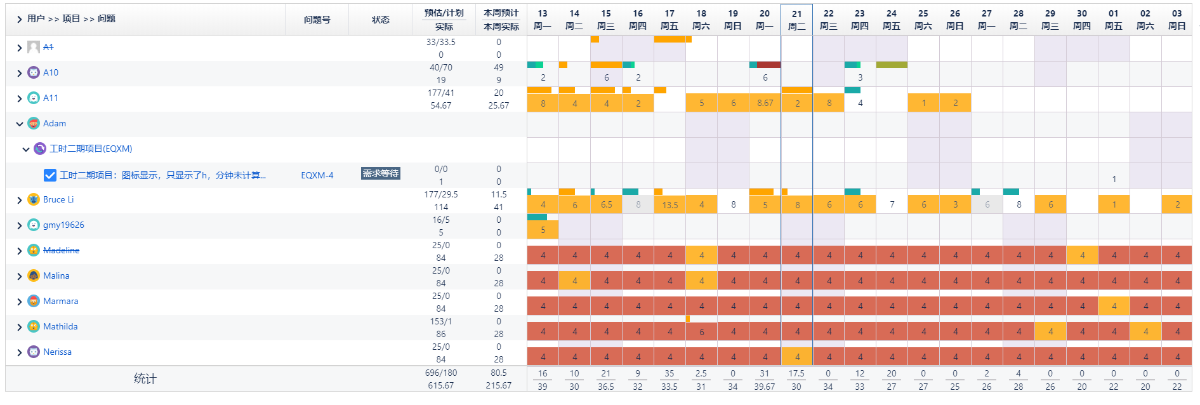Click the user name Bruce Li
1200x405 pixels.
tap(58, 199)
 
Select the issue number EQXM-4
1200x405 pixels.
tap(317, 175)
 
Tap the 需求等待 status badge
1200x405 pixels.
tap(380, 173)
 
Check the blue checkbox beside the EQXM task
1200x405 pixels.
tap(50, 175)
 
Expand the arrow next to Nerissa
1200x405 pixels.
tap(20, 352)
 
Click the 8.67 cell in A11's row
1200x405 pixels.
tap(765, 103)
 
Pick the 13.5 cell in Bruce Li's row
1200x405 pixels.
tap(669, 204)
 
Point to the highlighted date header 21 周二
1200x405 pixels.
tap(796, 20)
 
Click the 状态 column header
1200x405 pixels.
tap(380, 20)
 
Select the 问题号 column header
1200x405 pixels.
tap(317, 20)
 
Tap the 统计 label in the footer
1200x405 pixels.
tap(145, 379)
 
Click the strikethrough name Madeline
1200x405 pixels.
tap(61, 250)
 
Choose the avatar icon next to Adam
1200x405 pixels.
tap(34, 123)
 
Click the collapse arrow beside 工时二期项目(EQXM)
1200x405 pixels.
tap(26, 149)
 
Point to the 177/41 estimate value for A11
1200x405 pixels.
tap(440, 93)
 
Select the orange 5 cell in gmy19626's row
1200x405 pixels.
tap(543, 230)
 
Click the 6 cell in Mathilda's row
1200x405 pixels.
tap(701, 331)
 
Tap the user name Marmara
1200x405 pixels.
tap(60, 301)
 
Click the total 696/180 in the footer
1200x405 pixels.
tap(440, 373)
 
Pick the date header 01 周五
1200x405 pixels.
tap(1113, 20)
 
